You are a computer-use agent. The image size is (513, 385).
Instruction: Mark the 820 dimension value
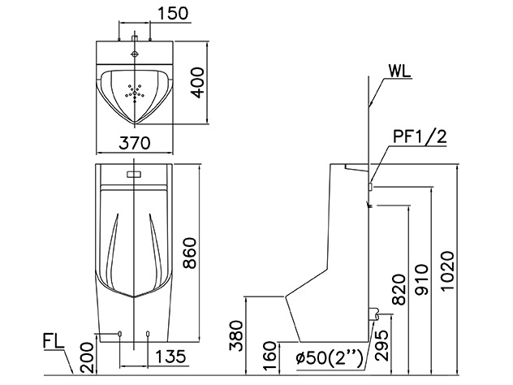click(x=399, y=288)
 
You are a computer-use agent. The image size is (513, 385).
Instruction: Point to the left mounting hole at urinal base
click(x=121, y=333)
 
